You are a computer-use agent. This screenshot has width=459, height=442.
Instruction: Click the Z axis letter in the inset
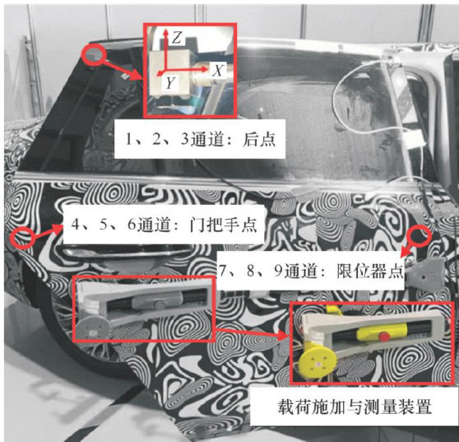(178, 38)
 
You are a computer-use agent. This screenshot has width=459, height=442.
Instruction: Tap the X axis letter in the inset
(218, 70)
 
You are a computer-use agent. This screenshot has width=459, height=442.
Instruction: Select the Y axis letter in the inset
(170, 83)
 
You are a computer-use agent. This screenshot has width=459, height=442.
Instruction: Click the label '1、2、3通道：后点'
(200, 139)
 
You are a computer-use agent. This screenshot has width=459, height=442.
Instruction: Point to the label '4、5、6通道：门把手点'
(165, 226)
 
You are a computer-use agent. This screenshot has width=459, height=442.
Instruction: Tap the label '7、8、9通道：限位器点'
(312, 271)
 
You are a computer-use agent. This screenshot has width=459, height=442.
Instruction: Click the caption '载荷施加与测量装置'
(355, 407)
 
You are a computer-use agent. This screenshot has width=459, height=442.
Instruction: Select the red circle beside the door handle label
(22, 238)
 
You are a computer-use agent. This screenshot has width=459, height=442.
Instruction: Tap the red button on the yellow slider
(384, 336)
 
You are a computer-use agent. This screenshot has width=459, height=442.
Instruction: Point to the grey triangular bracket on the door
(426, 274)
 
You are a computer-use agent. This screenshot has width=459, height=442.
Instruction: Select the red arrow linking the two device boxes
(252, 333)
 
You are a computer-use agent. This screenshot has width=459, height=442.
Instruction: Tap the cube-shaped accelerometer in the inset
(169, 72)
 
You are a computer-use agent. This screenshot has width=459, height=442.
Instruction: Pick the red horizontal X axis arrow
(187, 70)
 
